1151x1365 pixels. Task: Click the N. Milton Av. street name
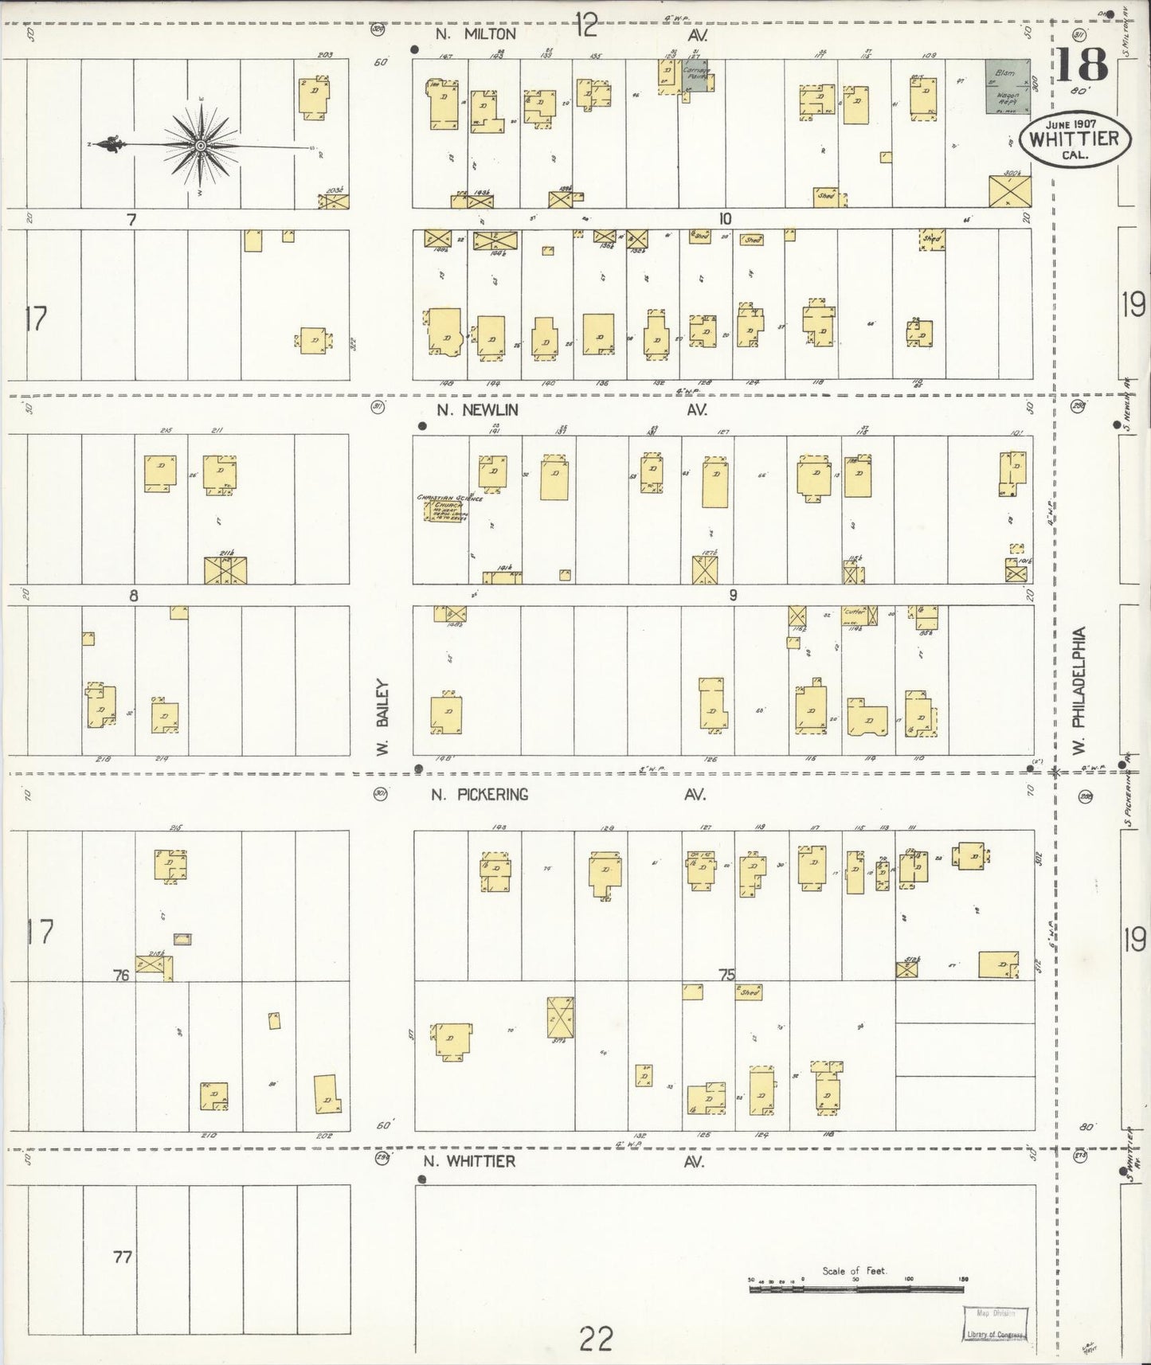[x=476, y=34]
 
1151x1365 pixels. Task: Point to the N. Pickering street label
[x=480, y=794]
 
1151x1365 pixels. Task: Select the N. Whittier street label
[x=469, y=1161]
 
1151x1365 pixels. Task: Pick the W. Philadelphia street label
[x=1079, y=689]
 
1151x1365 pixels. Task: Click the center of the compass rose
[x=202, y=146]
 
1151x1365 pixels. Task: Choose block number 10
[x=724, y=220]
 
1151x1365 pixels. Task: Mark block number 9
[x=733, y=595]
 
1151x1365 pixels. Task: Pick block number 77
[x=122, y=1257]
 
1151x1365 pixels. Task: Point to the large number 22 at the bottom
[x=596, y=1338]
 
